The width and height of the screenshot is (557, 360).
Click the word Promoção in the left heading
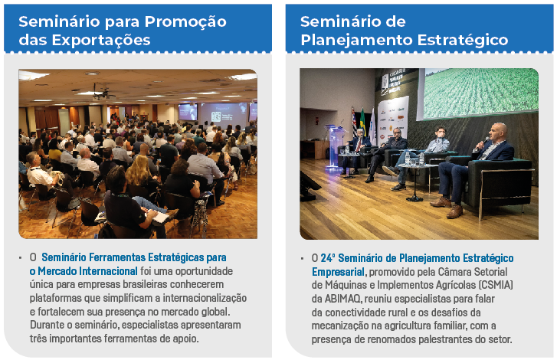coord(185,22)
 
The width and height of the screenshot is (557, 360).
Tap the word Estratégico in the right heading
coord(463,40)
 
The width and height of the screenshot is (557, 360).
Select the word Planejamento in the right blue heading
coord(357,41)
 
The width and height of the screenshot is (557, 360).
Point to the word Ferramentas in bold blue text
coord(116,257)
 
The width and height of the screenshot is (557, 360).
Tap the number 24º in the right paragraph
coord(327,258)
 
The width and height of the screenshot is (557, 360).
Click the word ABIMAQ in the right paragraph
coord(343,299)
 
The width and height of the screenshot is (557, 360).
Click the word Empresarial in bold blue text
coord(338,272)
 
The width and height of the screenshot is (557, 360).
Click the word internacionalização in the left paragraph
coord(205,298)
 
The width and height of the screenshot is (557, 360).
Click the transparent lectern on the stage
coord(335,146)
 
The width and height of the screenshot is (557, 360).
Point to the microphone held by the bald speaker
coord(483,142)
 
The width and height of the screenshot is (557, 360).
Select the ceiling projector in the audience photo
coord(103,93)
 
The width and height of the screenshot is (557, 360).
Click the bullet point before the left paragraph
coord(21,258)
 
